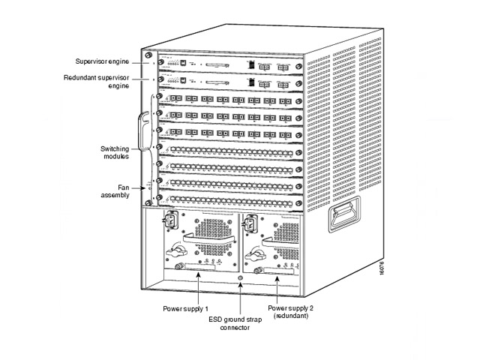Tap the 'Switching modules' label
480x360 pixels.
coord(115,152)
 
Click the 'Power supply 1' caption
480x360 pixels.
coord(185,308)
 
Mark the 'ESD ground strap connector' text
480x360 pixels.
coord(239,323)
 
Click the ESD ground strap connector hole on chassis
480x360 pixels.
coord(239,280)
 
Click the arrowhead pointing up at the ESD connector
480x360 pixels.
coord(239,288)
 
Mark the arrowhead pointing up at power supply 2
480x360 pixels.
coord(279,277)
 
